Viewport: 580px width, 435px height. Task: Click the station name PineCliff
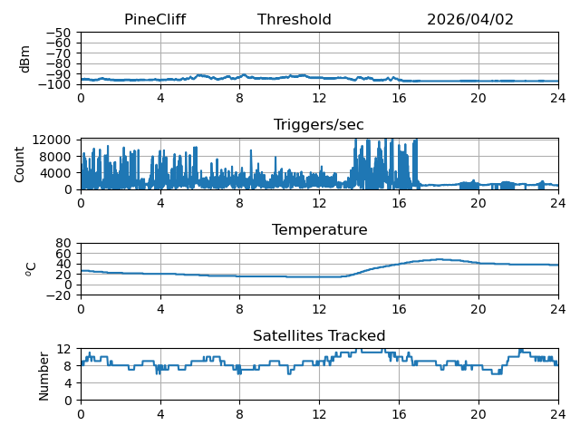pyautogui.click(x=155, y=20)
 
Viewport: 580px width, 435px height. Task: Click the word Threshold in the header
pyautogui.click(x=295, y=20)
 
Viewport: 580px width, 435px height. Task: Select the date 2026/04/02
pyautogui.click(x=470, y=20)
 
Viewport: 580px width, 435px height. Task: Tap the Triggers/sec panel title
pyautogui.click(x=319, y=125)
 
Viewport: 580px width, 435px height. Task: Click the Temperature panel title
pyautogui.click(x=320, y=229)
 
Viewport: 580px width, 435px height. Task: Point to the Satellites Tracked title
pyautogui.click(x=319, y=335)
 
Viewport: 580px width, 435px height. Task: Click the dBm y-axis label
pyautogui.click(x=24, y=59)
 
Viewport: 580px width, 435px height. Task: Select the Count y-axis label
pyautogui.click(x=19, y=165)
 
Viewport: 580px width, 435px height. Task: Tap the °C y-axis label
pyautogui.click(x=31, y=269)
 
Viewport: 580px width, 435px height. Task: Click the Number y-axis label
pyautogui.click(x=43, y=377)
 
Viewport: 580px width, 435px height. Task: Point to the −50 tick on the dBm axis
pyautogui.click(x=58, y=33)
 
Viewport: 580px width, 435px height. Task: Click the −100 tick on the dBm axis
pyautogui.click(x=55, y=84)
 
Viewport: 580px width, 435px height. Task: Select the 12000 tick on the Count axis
pyautogui.click(x=52, y=140)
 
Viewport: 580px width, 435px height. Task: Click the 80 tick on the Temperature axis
pyautogui.click(x=63, y=243)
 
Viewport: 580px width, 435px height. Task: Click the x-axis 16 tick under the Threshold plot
pyautogui.click(x=399, y=99)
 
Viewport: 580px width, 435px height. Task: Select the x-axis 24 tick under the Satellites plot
pyautogui.click(x=558, y=414)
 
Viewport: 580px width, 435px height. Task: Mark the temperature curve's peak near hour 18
pyautogui.click(x=439, y=259)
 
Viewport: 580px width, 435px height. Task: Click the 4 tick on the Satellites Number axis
pyautogui.click(x=67, y=383)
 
